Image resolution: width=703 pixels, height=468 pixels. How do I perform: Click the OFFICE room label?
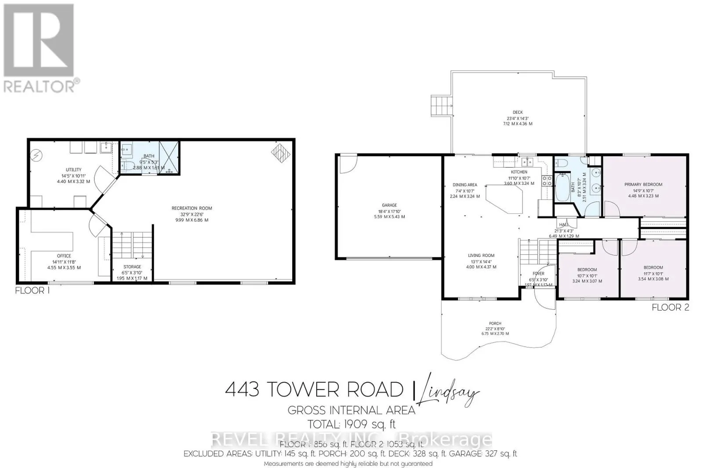[x=64, y=256]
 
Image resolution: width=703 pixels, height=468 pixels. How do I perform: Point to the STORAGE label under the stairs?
[x=132, y=267]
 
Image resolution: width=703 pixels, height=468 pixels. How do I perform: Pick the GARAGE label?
[x=389, y=205]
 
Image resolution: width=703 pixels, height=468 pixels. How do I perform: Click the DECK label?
[x=518, y=113]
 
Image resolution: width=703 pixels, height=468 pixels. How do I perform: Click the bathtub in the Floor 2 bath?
[x=562, y=187]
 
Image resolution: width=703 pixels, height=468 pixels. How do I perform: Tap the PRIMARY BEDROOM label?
[x=643, y=185]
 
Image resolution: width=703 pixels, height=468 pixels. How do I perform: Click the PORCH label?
[x=495, y=324]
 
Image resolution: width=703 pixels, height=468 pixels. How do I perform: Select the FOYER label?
[x=538, y=274]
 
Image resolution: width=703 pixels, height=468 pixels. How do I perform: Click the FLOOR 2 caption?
[x=670, y=307]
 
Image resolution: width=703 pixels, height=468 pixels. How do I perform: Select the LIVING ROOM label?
[x=481, y=256]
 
